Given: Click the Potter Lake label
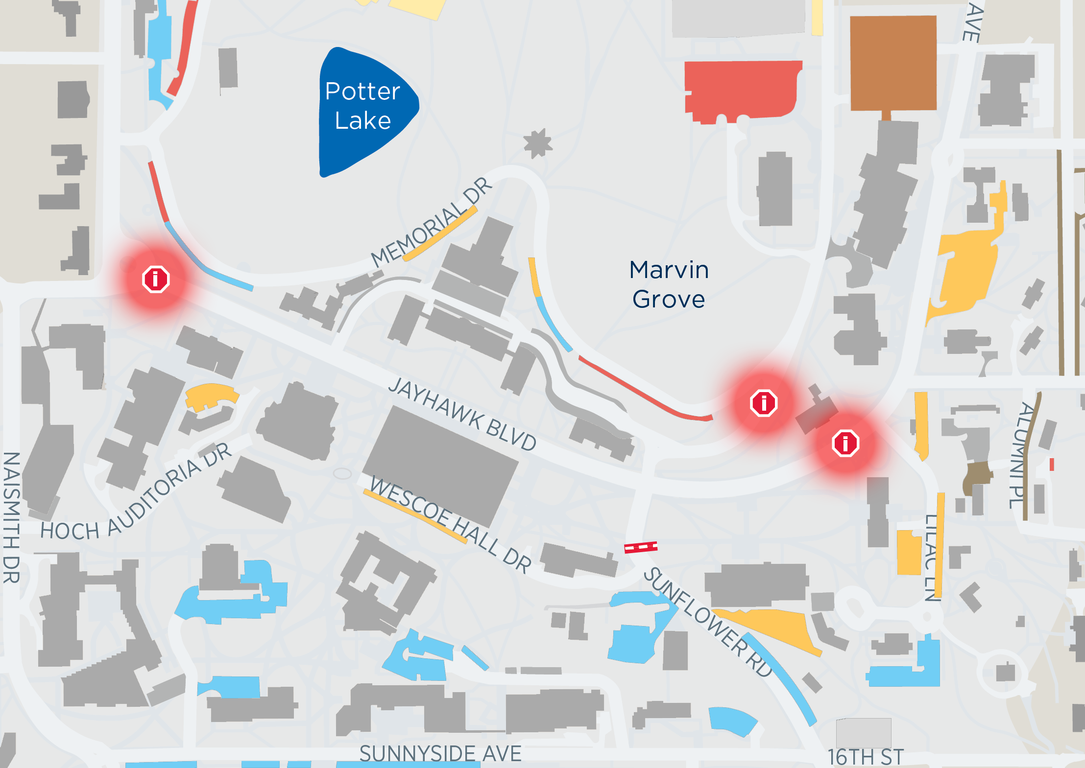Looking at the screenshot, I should click(x=362, y=106).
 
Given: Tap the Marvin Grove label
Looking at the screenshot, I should click(x=669, y=284).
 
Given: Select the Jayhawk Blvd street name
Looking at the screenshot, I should click(x=462, y=414).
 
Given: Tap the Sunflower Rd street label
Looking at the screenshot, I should click(x=708, y=622).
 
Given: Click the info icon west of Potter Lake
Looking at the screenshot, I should click(x=156, y=279).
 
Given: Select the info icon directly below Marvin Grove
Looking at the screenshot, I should click(x=764, y=403).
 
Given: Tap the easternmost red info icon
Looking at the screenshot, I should click(x=845, y=443).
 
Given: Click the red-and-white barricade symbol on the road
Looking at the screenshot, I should click(x=641, y=547).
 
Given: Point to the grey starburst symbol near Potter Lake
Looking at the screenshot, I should click(x=538, y=143).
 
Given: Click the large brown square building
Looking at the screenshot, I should click(x=893, y=63).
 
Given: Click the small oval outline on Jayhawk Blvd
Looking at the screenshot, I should click(x=342, y=473).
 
